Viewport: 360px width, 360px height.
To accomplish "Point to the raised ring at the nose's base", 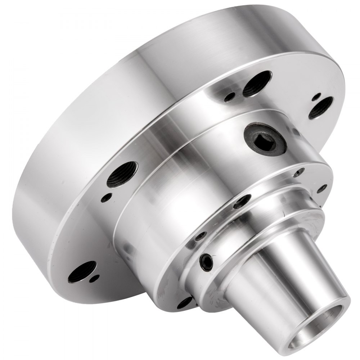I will [x=259, y=230].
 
